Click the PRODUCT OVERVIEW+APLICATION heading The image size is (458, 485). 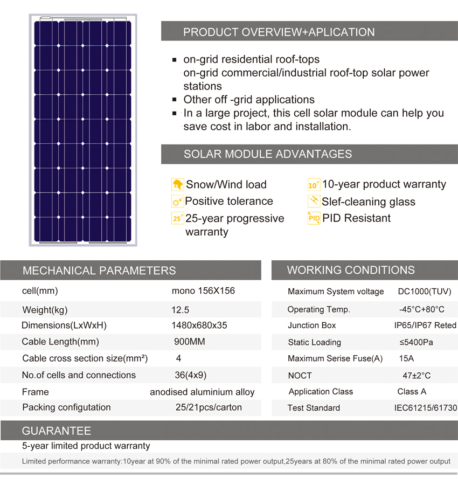279,32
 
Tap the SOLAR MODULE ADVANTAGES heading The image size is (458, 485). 268,154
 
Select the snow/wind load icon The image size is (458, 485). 177,184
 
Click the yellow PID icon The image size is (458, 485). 314,218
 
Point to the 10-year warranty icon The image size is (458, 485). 314,185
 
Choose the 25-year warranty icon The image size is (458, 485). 177,218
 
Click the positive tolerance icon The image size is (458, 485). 177,202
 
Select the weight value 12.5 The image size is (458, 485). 181,310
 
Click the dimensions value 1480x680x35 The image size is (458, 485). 199,325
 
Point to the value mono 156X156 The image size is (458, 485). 203,291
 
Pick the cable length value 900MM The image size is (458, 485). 190,342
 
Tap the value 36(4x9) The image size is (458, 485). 191,375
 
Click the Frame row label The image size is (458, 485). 35,392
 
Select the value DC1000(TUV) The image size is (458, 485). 425,292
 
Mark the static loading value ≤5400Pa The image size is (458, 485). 417,342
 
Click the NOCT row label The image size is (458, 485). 300,376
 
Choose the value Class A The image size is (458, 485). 412,391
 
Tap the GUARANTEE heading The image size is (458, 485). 56,431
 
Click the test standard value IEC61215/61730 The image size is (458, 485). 426,408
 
